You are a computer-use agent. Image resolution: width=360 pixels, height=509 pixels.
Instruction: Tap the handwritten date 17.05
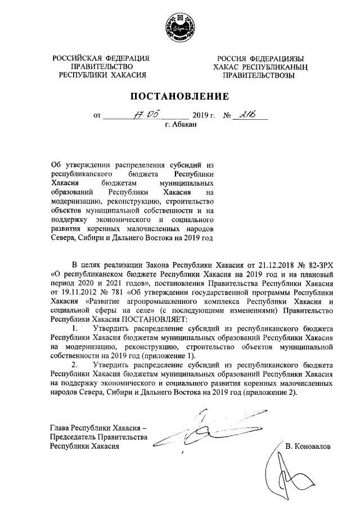(x=138, y=115)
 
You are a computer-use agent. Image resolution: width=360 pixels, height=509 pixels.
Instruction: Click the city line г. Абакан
(x=180, y=125)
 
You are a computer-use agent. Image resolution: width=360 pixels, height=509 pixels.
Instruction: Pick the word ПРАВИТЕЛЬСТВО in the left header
(x=102, y=66)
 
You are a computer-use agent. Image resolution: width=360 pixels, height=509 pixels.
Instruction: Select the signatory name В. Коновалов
(x=308, y=446)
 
